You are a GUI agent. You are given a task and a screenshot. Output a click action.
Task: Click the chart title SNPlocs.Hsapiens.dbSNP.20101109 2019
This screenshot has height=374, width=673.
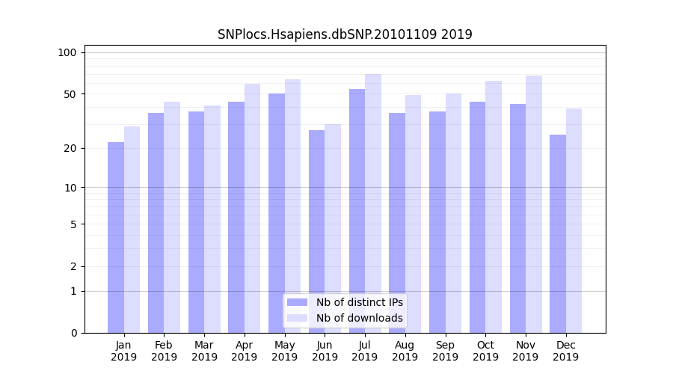coord(345,34)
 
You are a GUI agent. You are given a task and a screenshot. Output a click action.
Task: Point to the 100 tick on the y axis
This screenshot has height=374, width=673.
coord(67,52)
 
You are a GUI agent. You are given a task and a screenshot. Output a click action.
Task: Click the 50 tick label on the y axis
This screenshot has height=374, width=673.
coord(70,94)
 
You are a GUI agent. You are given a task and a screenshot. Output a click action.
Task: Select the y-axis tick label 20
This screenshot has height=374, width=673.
coord(70,148)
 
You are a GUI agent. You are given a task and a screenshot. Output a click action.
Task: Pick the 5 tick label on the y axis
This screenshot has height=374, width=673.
coord(73,224)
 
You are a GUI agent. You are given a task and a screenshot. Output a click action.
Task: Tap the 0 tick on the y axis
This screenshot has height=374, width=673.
coord(73,333)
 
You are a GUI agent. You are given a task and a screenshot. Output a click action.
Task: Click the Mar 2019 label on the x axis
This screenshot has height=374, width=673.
coord(204,351)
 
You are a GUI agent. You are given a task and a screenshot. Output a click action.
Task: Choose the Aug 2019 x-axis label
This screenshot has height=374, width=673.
coord(405,351)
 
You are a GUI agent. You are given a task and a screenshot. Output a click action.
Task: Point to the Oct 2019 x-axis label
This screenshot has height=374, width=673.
coord(485,351)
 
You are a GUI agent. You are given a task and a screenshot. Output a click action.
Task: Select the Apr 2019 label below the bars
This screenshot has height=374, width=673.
coord(245,351)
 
